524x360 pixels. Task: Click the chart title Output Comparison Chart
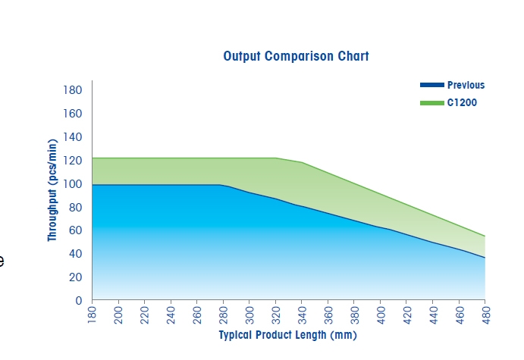click(x=296, y=56)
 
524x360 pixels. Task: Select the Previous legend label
click(x=466, y=85)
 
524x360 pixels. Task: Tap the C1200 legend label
click(x=462, y=102)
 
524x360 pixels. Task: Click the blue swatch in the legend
click(x=432, y=85)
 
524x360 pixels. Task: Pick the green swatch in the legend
click(x=432, y=103)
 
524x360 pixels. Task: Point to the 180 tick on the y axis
click(x=73, y=90)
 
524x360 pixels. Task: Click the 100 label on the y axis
click(x=73, y=183)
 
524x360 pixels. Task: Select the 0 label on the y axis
click(x=79, y=301)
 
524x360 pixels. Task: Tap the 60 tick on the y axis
click(x=76, y=230)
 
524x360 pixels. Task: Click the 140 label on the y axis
click(x=73, y=137)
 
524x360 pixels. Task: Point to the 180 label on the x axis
click(x=92, y=315)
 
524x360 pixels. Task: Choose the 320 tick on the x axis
click(x=276, y=315)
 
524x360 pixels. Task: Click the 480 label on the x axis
click(x=485, y=315)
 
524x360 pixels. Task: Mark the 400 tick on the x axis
click(x=381, y=315)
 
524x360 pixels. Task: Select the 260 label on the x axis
click(x=197, y=315)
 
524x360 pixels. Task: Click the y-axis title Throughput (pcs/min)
click(x=52, y=190)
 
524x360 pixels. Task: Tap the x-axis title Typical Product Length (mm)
click(x=287, y=335)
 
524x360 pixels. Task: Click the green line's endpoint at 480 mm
click(x=485, y=236)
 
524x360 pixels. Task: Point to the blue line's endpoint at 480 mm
click(x=485, y=258)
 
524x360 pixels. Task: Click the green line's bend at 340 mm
click(x=302, y=162)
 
